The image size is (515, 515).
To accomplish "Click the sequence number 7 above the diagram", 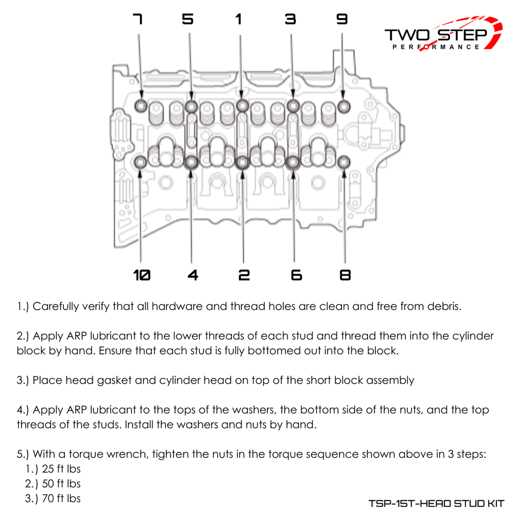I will coord(137,20).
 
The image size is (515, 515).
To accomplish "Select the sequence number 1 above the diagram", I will coord(238,20).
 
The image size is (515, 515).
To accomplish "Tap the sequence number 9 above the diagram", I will coord(342,20).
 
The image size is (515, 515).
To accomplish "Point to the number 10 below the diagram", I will coord(142,276).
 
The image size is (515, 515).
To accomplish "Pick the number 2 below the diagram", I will coord(244,276).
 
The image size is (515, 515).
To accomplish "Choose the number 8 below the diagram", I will coord(346,276).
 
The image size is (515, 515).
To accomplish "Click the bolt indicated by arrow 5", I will coord(191,107).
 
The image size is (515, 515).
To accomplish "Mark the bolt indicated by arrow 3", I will coord(293,107).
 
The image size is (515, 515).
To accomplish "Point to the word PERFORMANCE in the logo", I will coord(436,47).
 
